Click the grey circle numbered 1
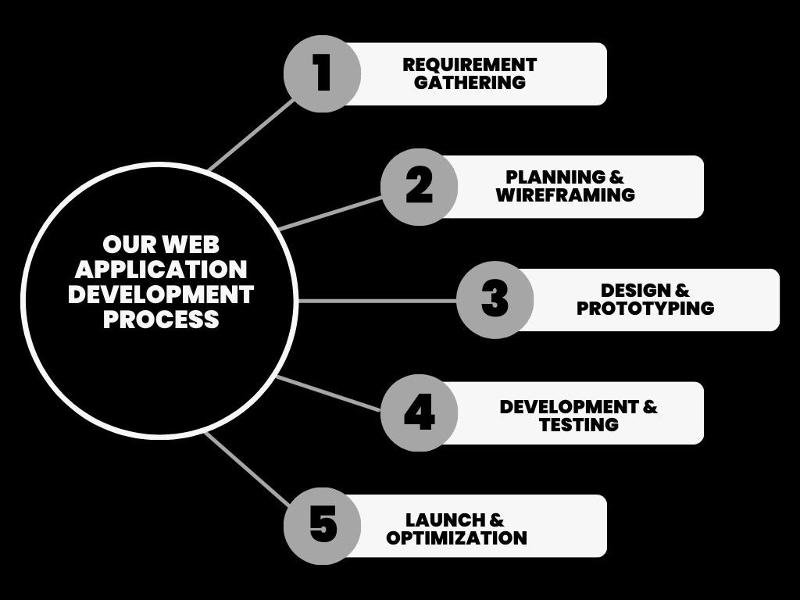point(321,74)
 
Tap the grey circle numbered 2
point(419,187)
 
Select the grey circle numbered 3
point(495,300)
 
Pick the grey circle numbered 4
point(419,412)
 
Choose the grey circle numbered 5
point(321,525)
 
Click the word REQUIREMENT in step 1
point(470,65)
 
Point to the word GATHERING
point(470,82)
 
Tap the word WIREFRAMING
point(565,195)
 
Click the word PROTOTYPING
point(645,308)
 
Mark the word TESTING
point(579,424)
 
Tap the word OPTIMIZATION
point(456,537)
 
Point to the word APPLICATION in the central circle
point(161,270)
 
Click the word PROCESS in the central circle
point(161,320)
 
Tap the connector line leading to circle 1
point(252,134)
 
